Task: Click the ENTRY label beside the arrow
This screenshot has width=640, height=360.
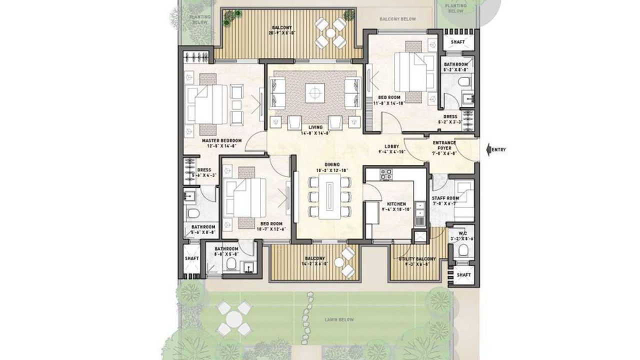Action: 499,149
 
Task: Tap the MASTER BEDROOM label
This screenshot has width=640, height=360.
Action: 222,141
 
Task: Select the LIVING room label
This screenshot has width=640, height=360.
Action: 315,127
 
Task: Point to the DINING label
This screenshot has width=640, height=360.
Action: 332,164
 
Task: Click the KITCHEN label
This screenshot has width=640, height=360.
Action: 396,204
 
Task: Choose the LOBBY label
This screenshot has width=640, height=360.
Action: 391,146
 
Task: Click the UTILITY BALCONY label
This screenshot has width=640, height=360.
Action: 417,259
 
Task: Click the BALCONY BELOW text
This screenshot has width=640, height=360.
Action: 397,19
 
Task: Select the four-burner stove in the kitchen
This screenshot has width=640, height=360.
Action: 386,174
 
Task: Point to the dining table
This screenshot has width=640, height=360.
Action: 331,194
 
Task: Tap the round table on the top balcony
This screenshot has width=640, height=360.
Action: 331,33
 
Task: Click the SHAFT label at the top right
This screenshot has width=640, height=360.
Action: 457,42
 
